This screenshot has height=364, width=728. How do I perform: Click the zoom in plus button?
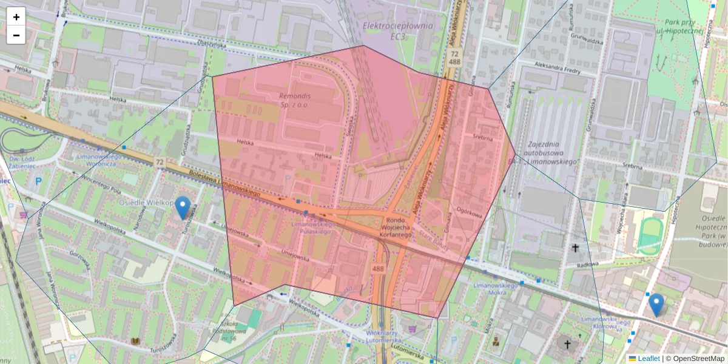coord(16,17)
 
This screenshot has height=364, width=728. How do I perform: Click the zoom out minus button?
coord(16,35)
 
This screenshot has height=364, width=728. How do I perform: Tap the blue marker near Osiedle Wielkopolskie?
coord(182,207)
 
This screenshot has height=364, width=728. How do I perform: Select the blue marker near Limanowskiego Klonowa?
coord(656,304)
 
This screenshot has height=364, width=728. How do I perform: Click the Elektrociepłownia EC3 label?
coord(397,31)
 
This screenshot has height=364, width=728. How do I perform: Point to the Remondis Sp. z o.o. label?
coord(297,100)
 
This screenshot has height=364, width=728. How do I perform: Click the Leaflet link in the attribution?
coord(648,359)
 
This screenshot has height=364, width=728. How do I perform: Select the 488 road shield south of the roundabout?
coord(378,269)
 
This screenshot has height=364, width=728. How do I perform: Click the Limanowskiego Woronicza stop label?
coord(101,160)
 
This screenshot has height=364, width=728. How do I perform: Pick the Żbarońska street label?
coord(211,44)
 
